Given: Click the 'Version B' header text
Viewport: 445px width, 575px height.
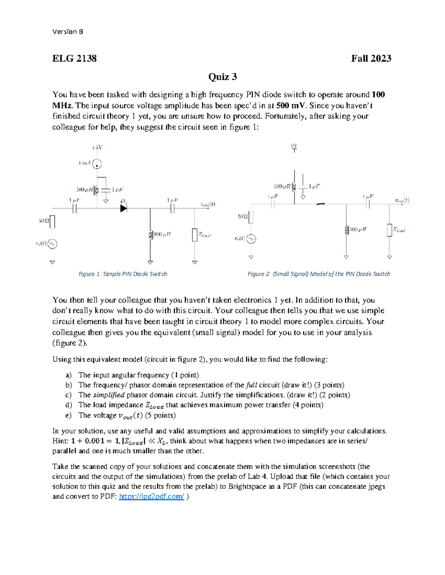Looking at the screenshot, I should tap(67, 32).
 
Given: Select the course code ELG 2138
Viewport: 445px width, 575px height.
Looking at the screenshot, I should tap(75, 58).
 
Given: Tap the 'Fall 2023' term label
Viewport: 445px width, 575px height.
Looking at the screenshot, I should tap(371, 58).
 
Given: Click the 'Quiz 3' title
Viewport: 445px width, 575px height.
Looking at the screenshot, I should tap(222, 77).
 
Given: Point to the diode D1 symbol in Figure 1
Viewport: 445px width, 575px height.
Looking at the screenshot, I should tap(124, 208).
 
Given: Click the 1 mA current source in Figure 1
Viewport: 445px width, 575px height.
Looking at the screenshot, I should tap(97, 163).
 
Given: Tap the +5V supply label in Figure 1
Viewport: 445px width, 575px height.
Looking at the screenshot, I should tap(97, 147).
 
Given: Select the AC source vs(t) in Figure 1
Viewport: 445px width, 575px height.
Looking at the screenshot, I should tap(52, 244).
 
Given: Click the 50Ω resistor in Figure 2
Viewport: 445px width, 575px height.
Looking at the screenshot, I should tap(251, 217).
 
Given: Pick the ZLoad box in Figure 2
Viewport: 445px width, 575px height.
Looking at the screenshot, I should tap(389, 230).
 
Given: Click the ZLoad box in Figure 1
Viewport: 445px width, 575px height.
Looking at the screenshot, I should tap(195, 235).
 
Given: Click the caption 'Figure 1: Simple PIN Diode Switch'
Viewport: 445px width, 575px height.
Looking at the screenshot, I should tap(123, 274).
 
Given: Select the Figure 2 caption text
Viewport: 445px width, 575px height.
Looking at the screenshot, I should tap(319, 274).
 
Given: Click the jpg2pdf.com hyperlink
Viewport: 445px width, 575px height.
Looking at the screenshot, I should tap(151, 497).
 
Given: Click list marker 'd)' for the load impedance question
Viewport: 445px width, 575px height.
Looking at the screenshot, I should tap(68, 405).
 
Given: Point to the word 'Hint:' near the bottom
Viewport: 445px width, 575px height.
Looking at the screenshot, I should tap(60, 441).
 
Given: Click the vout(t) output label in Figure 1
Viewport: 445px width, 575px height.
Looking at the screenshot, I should tap(207, 204).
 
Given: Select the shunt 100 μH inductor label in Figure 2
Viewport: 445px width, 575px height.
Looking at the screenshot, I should tap(358, 230).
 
